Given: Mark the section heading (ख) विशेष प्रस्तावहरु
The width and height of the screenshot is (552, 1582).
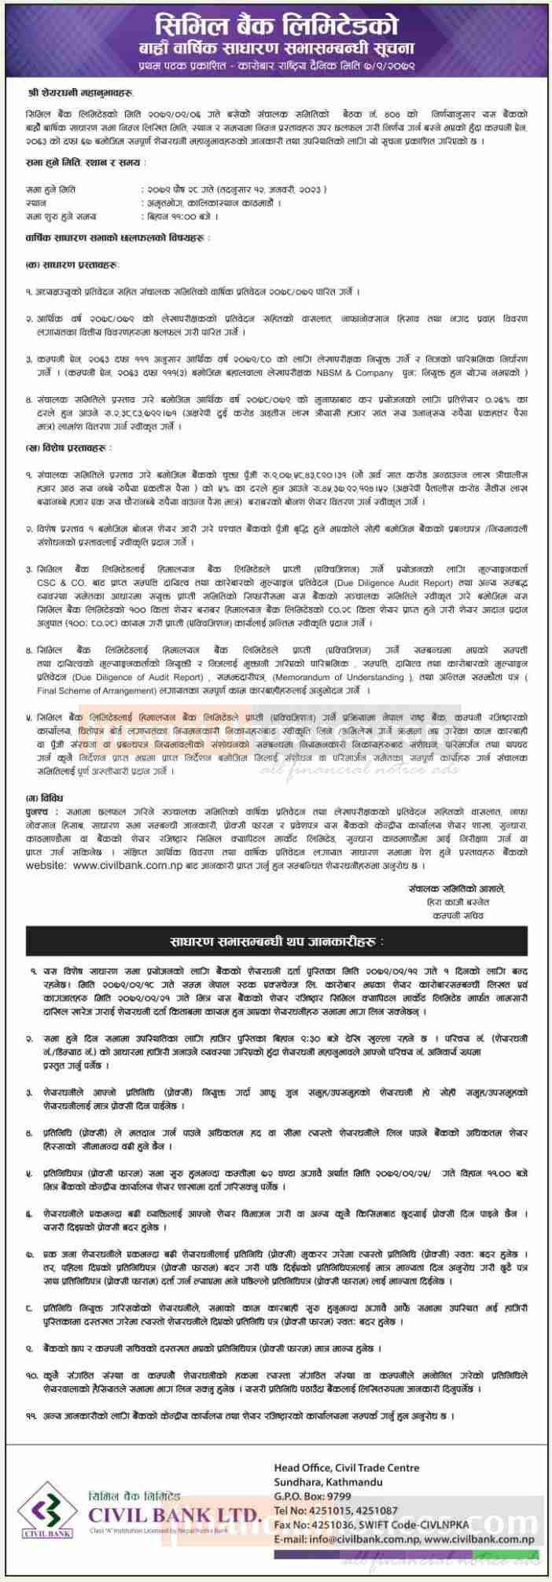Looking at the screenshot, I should pos(64,447).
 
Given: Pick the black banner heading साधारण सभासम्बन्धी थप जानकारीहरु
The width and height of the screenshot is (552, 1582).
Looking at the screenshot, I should pos(277,940).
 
